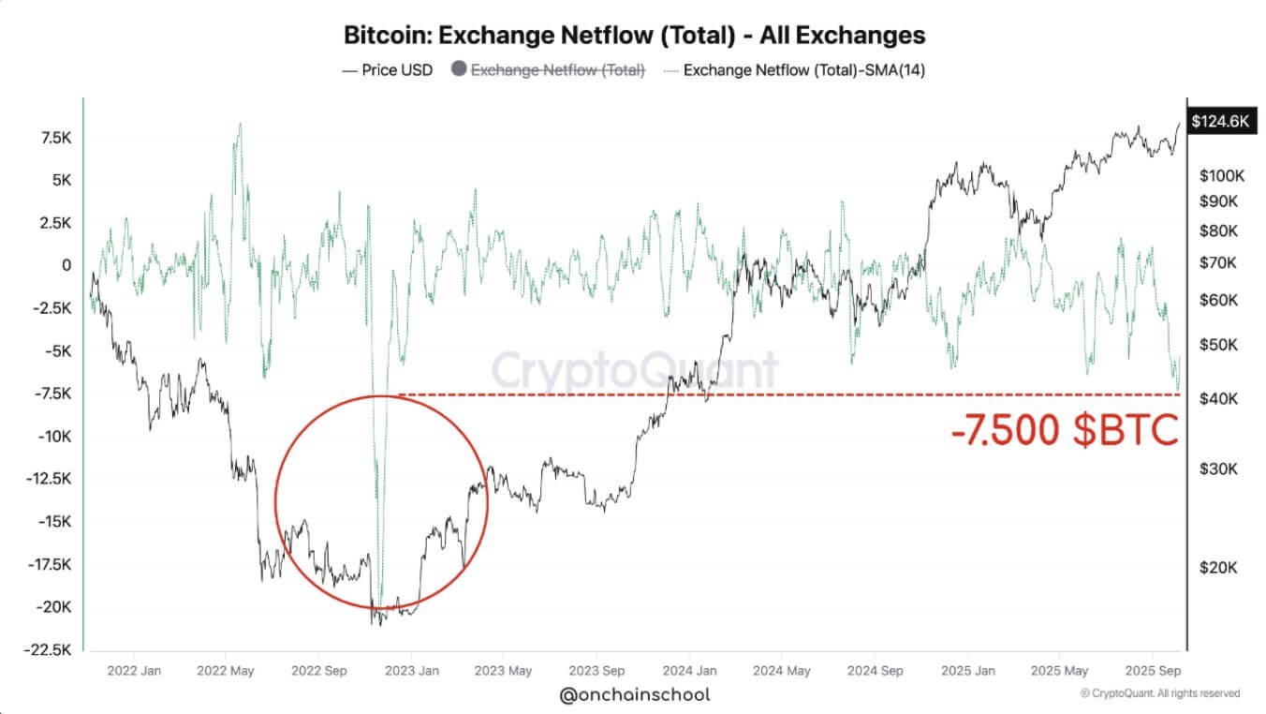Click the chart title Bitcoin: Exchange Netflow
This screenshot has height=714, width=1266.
point(634,36)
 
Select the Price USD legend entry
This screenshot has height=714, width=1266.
point(388,70)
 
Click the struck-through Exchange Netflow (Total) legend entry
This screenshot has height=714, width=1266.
point(557,70)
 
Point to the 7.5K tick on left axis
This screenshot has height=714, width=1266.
point(54,138)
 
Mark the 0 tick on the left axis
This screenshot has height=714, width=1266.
point(66,265)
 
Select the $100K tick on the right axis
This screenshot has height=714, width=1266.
point(1221,175)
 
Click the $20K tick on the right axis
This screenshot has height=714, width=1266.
point(1217,567)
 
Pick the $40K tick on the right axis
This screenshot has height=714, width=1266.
point(1217,399)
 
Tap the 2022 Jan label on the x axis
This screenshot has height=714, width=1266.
point(133,671)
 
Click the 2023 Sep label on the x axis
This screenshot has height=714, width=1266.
point(596,671)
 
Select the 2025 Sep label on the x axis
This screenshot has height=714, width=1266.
point(1151,671)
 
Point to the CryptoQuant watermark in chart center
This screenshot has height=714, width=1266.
point(635,370)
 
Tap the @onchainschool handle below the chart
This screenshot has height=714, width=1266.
point(634,694)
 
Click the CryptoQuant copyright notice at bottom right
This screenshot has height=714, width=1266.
point(1159,693)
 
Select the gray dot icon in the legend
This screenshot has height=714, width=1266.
point(458,70)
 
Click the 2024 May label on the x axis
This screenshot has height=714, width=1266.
point(781,671)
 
